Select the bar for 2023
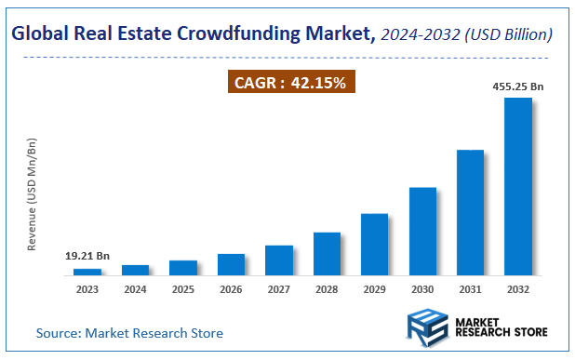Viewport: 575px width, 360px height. coord(87,271)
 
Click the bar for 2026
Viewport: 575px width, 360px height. coord(231,264)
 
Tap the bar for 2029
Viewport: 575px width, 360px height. coord(374,244)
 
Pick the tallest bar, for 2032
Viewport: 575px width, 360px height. coord(517,186)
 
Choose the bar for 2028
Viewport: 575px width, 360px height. coord(327,253)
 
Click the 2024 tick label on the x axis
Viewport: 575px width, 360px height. coord(135,289)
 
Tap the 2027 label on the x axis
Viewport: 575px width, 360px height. coord(278,289)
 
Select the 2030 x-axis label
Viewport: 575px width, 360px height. coord(422,289)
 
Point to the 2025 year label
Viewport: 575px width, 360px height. coord(183,289)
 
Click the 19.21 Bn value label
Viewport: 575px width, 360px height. coord(87,256)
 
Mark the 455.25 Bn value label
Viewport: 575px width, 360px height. coord(517,86)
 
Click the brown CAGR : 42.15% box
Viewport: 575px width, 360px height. coord(290,82)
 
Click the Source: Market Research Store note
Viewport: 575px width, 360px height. coord(129,332)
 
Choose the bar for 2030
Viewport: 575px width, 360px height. coord(422,231)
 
